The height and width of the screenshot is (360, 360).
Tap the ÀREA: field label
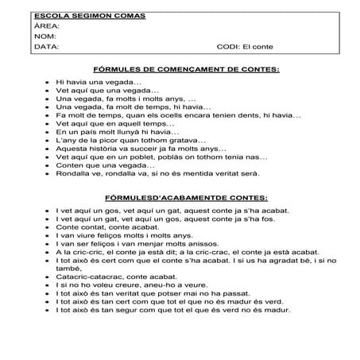pyautogui.click(x=47, y=26)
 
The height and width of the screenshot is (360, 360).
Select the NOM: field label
pyautogui.click(x=45, y=37)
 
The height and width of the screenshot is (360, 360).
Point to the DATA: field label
pyautogui.click(x=47, y=47)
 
